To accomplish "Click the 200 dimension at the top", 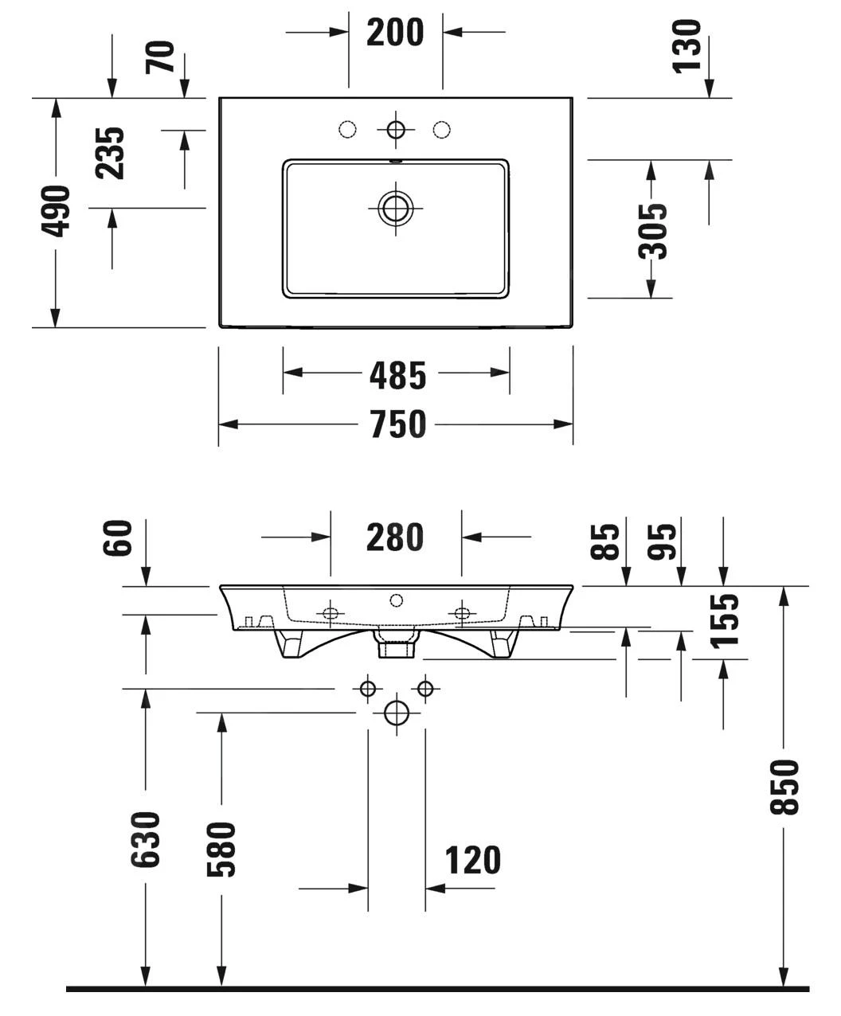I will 395,33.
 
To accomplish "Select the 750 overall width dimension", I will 397,424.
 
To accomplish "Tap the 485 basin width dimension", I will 397,375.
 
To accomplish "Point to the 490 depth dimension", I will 57,211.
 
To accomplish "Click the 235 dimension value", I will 108,153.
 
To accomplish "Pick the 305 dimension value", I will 654,231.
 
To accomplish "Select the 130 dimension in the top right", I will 686,45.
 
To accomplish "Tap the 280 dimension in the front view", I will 395,537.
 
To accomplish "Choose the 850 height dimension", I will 785,787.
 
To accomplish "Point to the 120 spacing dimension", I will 472,861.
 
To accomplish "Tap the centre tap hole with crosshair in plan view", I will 396,129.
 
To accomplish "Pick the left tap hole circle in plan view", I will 347,129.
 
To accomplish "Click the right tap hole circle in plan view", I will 443,129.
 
